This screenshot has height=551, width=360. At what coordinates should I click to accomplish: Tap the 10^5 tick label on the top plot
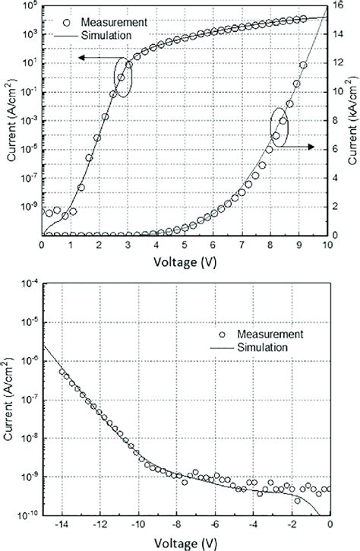pos(28,7)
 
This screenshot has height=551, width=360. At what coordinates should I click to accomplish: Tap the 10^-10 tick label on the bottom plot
pos(27,515)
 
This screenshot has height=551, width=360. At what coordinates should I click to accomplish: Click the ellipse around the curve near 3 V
pos(122,77)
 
